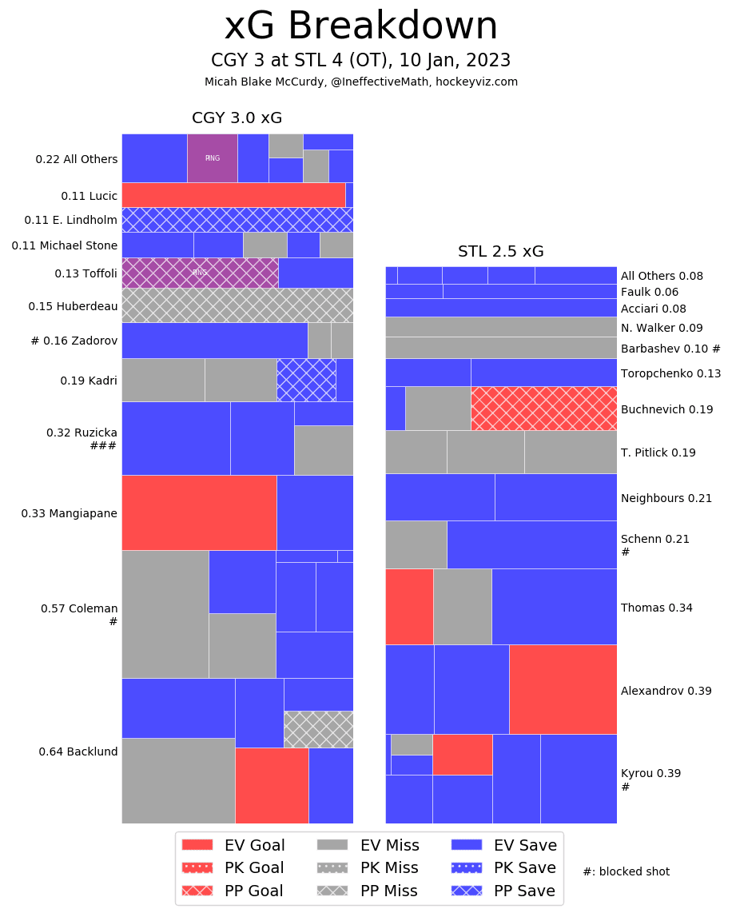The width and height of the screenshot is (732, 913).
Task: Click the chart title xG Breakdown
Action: coord(360,27)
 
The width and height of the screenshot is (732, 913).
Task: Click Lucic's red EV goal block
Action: coord(233,195)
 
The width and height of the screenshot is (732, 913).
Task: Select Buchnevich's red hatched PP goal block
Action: coord(543,409)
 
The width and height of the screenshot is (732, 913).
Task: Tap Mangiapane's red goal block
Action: coord(198,512)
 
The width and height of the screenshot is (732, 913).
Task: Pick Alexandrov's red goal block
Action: coord(563,689)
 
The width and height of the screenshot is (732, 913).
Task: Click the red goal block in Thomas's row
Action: coord(409,606)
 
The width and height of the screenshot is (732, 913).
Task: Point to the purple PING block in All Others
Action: coord(212,158)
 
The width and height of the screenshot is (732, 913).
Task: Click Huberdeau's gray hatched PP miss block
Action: coord(237,305)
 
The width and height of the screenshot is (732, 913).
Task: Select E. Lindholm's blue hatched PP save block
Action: coord(237,220)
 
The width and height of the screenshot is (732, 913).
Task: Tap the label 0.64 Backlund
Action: coord(78,752)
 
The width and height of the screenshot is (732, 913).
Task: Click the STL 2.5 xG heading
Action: coord(500,252)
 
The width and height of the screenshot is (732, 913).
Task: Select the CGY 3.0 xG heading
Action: coord(237,118)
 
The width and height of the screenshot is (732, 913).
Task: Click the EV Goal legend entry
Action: coord(233,844)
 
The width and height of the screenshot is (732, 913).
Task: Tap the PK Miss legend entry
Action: coord(367,867)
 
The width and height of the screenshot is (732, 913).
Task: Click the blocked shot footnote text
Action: coord(626,871)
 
